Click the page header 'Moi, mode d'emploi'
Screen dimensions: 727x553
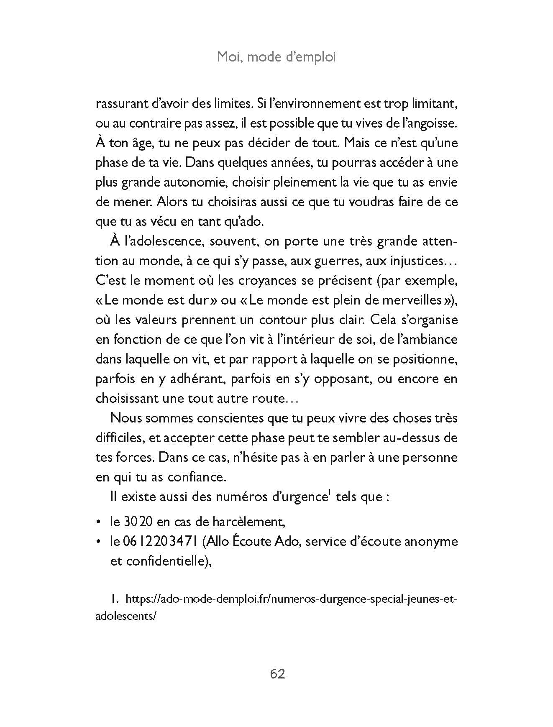276,57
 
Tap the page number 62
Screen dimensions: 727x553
277,674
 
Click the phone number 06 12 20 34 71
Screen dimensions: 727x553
161,542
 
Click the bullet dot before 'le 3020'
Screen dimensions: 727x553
99,522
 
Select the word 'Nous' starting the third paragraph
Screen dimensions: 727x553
125,418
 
